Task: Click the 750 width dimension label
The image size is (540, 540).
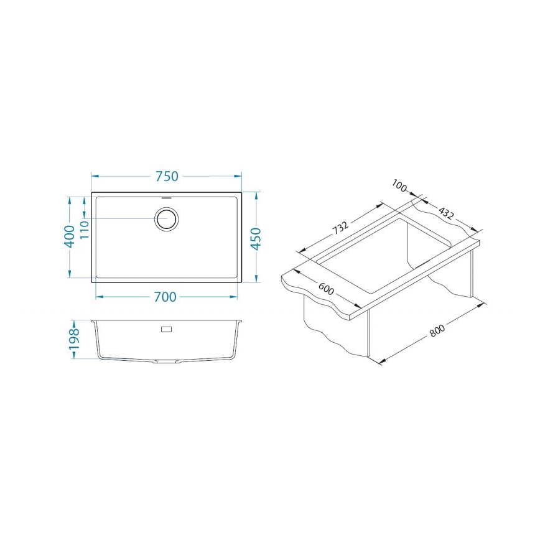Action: point(167,176)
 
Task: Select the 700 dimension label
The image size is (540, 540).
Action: point(165,297)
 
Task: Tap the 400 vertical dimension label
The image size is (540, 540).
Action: point(70,236)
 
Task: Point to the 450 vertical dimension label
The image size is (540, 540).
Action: point(256,238)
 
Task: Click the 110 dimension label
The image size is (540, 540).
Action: point(85,231)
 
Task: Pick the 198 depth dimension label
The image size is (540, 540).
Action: point(74,340)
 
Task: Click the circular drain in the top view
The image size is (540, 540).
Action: point(167,219)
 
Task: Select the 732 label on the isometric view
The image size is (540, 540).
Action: point(340,228)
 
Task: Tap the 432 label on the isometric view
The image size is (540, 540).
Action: point(446,213)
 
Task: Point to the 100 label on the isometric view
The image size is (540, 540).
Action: point(399,186)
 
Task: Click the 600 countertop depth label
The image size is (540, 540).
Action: point(326,291)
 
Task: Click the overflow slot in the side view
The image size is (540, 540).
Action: point(166,328)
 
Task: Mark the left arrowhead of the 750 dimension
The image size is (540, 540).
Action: point(94,176)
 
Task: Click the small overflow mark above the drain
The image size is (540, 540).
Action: point(166,197)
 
